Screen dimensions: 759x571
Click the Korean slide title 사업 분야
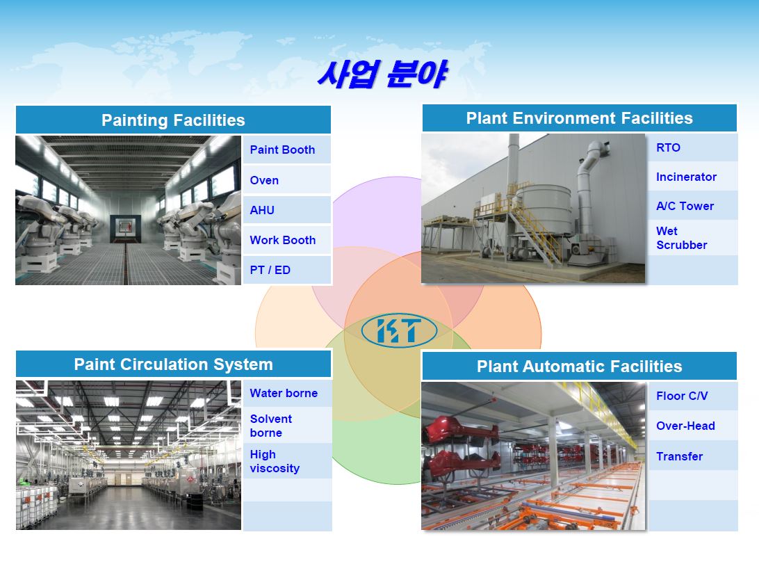tap(382, 74)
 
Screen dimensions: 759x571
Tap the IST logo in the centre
tap(400, 331)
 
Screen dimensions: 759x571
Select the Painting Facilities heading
tap(173, 120)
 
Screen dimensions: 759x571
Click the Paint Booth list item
tap(282, 150)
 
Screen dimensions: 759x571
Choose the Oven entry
tap(264, 180)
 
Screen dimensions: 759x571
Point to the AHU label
tap(262, 210)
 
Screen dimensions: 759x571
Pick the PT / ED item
tap(270, 271)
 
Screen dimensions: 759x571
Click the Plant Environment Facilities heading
tap(580, 118)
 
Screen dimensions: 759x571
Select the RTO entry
tap(668, 147)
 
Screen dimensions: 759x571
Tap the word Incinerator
tap(687, 177)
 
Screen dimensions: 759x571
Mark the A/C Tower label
tap(685, 206)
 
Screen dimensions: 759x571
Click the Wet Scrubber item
tap(682, 238)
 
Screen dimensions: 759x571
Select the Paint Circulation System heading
tap(173, 364)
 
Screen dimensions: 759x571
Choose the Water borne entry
tap(284, 393)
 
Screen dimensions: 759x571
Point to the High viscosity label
tap(275, 461)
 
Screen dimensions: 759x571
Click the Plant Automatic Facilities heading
tap(580, 366)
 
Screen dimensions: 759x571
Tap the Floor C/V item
tap(682, 396)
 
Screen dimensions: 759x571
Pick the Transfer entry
tap(680, 456)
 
